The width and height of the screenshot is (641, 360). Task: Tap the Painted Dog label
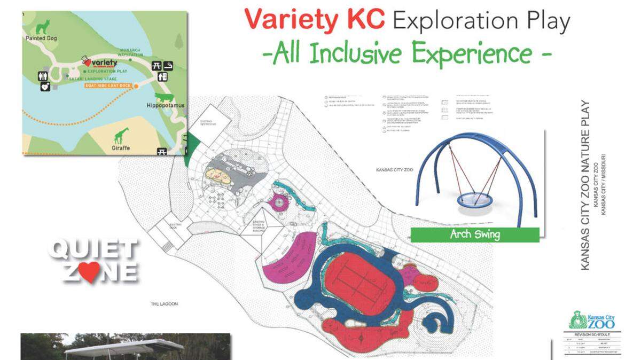click(x=41, y=38)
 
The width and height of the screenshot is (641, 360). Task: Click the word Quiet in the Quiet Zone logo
click(x=93, y=250)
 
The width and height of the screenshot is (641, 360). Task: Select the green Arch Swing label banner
click(x=475, y=234)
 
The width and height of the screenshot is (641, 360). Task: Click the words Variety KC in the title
click(x=315, y=20)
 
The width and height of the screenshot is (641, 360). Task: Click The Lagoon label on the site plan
click(x=163, y=304)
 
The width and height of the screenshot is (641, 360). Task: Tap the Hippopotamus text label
click(x=166, y=105)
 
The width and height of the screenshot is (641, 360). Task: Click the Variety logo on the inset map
click(x=99, y=63)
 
